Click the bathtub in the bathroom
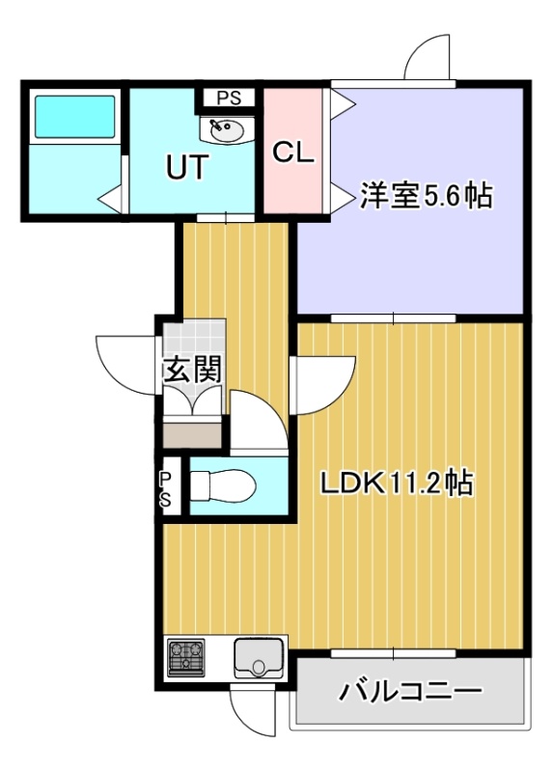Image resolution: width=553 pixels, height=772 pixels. [75, 115]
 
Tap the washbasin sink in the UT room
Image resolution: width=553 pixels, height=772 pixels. [227, 129]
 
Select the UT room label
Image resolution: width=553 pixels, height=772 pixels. [186, 167]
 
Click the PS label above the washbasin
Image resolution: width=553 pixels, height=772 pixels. [230, 98]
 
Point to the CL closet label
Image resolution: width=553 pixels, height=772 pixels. [293, 153]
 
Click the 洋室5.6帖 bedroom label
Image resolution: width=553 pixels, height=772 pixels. [426, 196]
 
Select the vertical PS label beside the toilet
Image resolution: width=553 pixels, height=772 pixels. [165, 489]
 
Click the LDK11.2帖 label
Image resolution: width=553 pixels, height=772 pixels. [397, 484]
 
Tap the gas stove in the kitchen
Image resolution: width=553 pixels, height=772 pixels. [186, 657]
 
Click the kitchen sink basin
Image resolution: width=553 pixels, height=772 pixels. [258, 657]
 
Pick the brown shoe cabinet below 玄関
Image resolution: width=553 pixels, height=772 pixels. [192, 435]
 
